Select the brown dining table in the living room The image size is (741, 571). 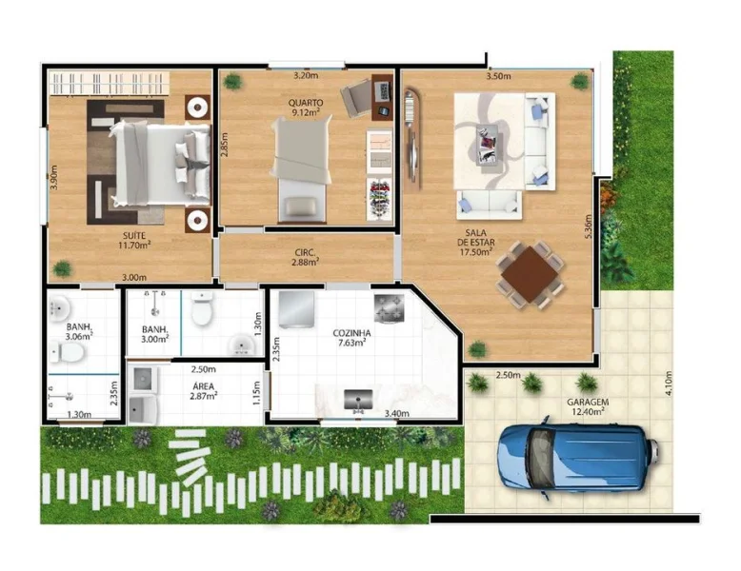click(x=531, y=274)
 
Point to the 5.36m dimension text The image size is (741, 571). click(x=588, y=226)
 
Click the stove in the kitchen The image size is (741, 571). click(x=389, y=308)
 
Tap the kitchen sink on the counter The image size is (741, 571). click(x=358, y=400)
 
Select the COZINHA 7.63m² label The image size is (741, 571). click(x=351, y=338)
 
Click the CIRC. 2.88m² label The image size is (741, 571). click(x=306, y=257)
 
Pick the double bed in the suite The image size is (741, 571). click(x=160, y=165)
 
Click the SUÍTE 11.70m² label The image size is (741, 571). click(x=134, y=241)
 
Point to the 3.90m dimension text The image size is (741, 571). click(x=53, y=178)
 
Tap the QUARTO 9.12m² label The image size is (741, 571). click(x=306, y=108)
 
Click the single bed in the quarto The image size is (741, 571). click(x=302, y=169)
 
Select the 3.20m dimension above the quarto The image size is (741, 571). click(x=306, y=75)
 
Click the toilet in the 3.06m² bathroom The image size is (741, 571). click(x=68, y=352)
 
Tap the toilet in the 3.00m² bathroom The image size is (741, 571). click(x=202, y=308)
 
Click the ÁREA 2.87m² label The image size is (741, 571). click(x=204, y=391)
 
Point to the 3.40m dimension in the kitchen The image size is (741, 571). click(x=397, y=414)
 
